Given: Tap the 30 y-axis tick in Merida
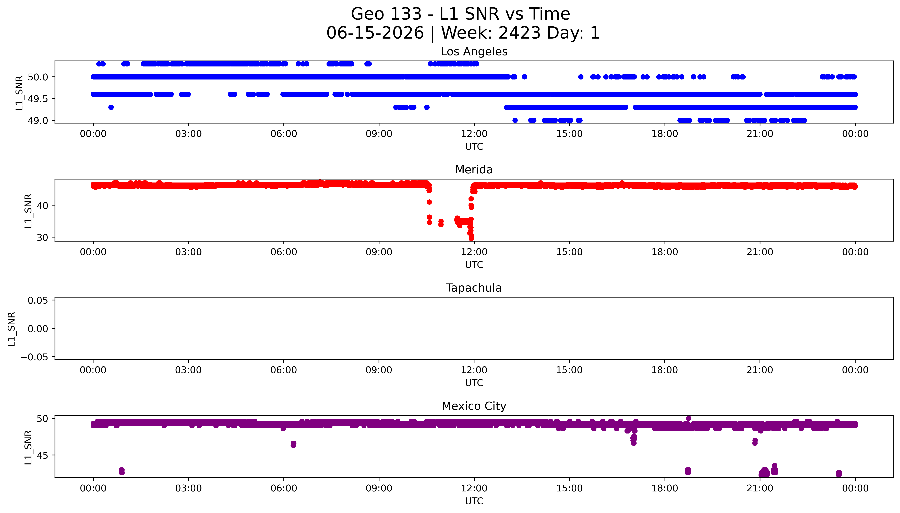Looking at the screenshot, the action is coord(42,237).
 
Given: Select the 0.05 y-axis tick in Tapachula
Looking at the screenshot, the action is coord(38,301).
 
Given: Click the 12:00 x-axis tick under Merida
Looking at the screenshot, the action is coord(474,252).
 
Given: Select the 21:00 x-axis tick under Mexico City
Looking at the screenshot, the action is coord(760,488).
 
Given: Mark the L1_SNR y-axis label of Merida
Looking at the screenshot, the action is coord(28,211).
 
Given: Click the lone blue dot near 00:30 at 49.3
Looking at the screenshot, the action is coord(111,107).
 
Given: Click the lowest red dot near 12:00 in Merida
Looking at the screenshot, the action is coord(471,238).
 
